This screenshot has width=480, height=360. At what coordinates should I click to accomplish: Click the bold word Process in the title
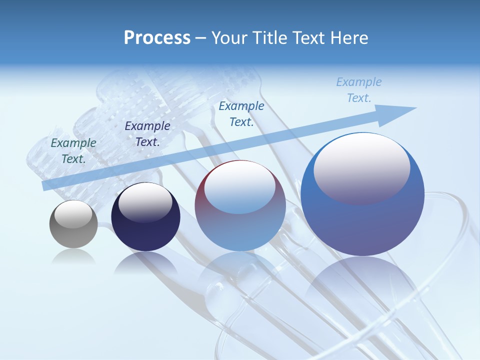157,38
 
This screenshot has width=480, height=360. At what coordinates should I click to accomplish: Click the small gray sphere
73,224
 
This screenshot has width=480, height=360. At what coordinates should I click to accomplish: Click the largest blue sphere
362,195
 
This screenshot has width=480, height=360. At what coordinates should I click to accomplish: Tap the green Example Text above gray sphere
73,150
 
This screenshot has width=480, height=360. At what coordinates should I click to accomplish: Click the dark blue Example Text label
147,133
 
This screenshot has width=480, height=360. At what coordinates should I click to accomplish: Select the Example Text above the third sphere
241,113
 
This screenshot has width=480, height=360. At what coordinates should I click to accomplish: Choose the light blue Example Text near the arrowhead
358,89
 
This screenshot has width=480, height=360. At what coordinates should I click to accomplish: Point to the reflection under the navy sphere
145,262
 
